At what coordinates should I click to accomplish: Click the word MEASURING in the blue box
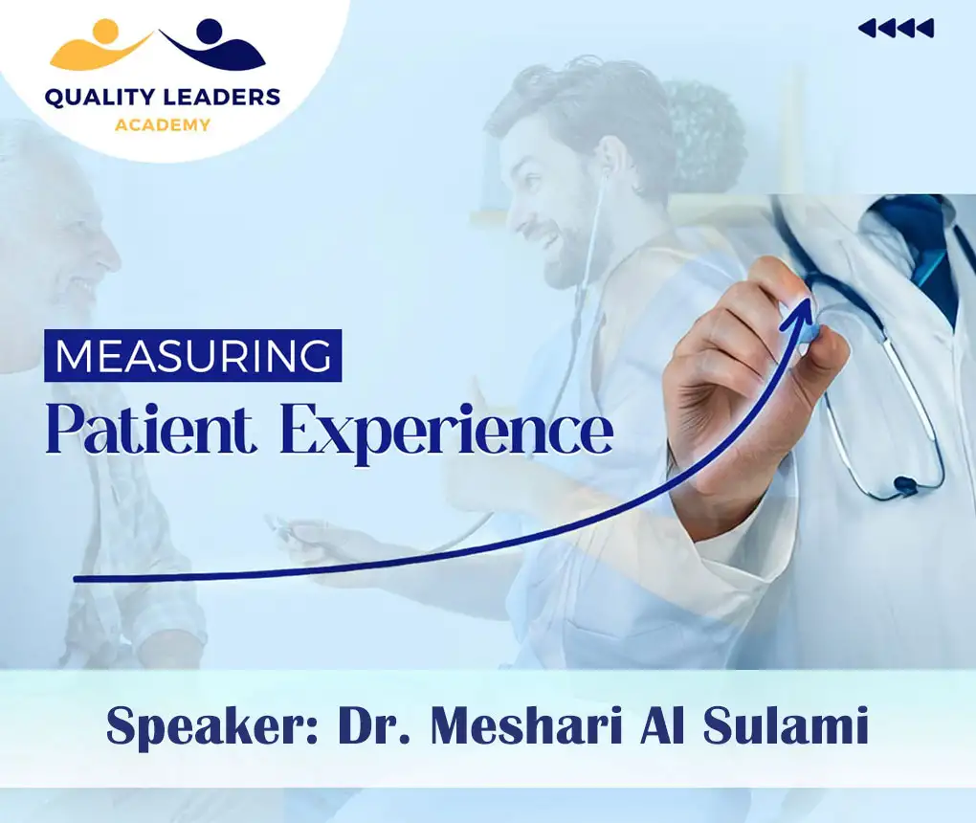coord(192,355)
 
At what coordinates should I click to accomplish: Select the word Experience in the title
coord(447,434)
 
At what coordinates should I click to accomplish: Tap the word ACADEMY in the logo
coord(162,124)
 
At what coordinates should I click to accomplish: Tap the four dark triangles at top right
coord(896,29)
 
